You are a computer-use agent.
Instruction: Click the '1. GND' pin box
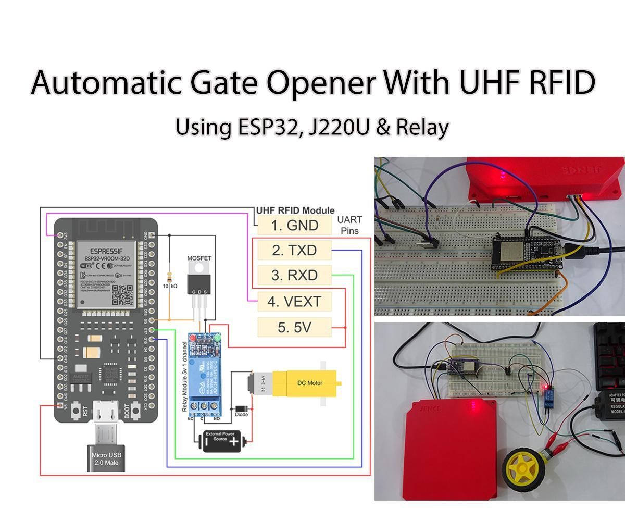point(294,226)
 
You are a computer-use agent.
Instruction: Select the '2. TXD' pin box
point(294,251)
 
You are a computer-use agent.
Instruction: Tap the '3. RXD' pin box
point(294,275)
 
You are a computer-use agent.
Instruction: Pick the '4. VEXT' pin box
point(294,301)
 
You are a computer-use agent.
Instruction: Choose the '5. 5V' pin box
point(294,327)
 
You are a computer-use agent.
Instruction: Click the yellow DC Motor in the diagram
point(307,383)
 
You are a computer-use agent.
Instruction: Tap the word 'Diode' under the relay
point(241,415)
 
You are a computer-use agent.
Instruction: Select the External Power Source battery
point(221,441)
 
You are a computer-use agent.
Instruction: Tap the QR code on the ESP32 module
point(122,295)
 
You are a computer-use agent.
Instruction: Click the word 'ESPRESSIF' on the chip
point(107,250)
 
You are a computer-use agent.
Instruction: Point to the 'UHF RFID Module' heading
point(295,210)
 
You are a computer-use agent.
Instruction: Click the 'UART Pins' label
point(349,225)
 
